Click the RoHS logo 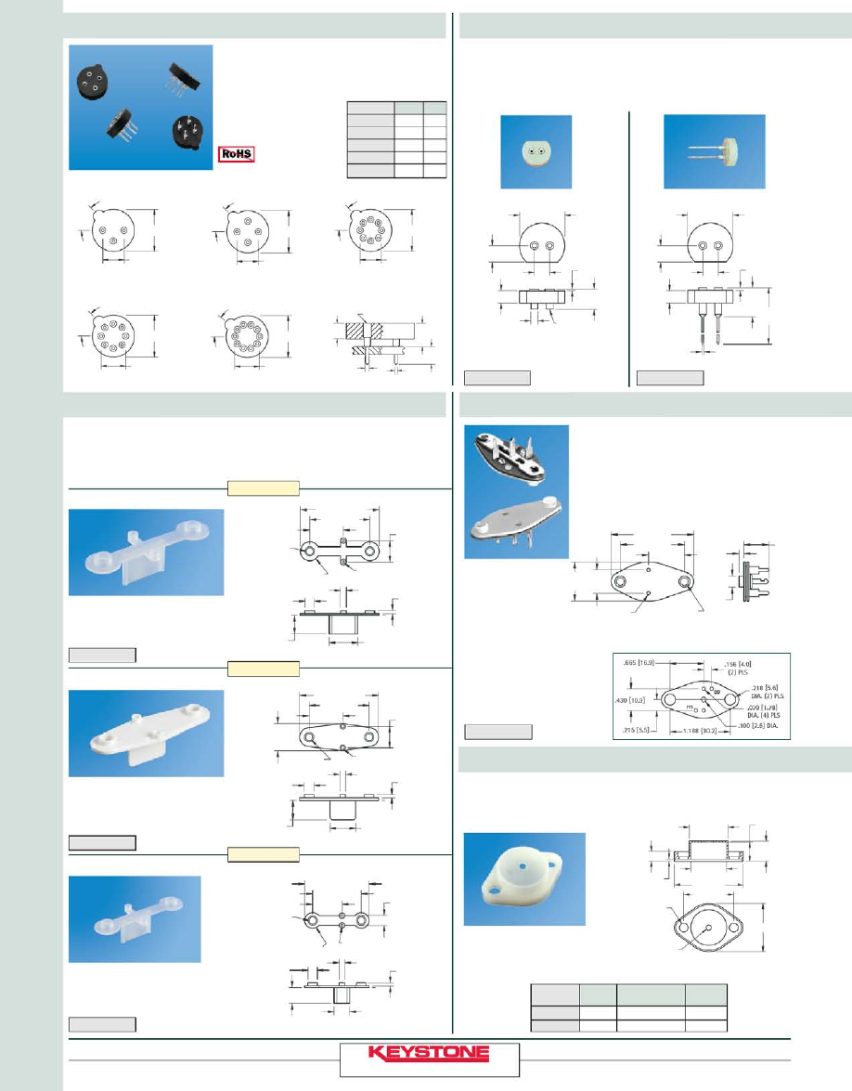pos(237,155)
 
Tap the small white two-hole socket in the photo pos(536,153)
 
